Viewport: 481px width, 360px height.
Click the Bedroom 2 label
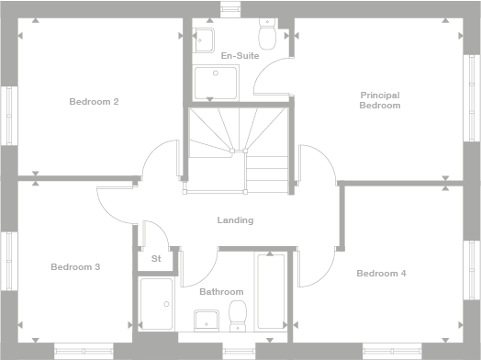coord(94,101)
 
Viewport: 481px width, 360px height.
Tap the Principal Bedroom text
coord(380,100)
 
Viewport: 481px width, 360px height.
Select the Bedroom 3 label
coord(75,267)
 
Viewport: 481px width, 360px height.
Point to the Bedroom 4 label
coord(381,273)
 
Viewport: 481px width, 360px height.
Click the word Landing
coord(235,220)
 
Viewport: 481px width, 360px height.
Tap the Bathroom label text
coord(221,292)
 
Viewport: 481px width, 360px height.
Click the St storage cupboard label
coord(156,259)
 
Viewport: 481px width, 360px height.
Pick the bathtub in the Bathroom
coord(272,292)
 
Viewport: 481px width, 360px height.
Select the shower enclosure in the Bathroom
coord(157,304)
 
